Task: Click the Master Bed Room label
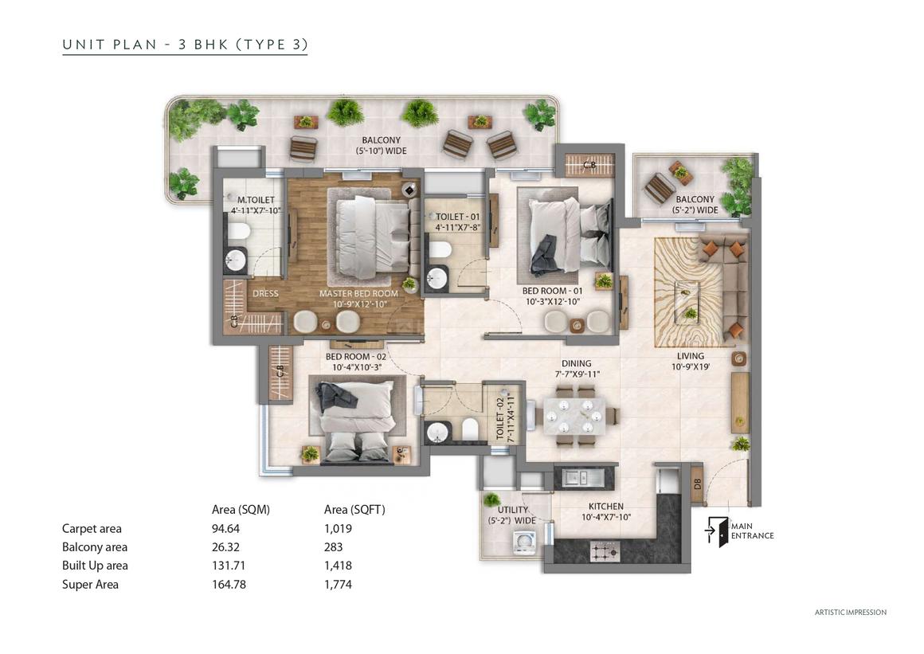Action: coord(358,293)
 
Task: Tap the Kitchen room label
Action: coord(606,506)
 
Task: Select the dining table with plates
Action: coord(574,415)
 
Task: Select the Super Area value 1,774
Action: coord(338,585)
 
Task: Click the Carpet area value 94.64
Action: coord(225,528)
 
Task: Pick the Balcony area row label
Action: coord(94,547)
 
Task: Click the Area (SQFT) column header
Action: coord(354,510)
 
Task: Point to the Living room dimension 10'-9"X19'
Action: coord(690,366)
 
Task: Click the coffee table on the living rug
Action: coord(687,301)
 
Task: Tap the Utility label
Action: coord(513,510)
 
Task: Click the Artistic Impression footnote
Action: coord(851,612)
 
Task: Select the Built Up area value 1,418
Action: coord(338,566)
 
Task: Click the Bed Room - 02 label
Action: coord(356,356)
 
